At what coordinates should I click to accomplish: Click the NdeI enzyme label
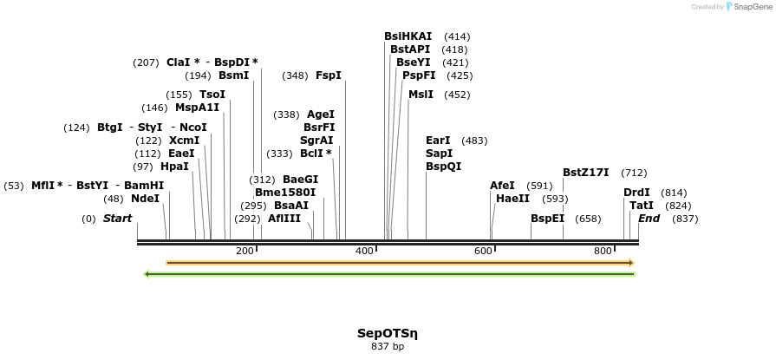[x=145, y=199]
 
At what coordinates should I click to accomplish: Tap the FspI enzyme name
[x=329, y=75]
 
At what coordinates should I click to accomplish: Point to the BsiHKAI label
[x=408, y=36]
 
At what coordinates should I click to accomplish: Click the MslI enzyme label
[x=421, y=95]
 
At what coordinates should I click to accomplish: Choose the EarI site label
[x=438, y=141]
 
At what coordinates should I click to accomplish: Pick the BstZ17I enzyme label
[x=586, y=173]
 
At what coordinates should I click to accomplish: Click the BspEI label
[x=548, y=219]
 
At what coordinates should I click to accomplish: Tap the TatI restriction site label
[x=642, y=206]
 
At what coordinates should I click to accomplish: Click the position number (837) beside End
[x=685, y=219]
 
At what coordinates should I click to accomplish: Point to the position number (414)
[x=457, y=36]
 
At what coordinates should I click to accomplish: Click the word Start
[x=118, y=219]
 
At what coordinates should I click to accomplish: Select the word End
[x=649, y=219]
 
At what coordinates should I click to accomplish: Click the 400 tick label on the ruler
[x=364, y=252]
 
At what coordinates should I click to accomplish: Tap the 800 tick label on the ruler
[x=603, y=252]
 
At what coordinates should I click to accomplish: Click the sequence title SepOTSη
[x=388, y=333]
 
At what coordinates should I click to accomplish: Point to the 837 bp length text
[x=388, y=347]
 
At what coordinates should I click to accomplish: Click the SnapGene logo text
[x=751, y=7]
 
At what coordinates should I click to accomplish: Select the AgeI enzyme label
[x=320, y=115]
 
